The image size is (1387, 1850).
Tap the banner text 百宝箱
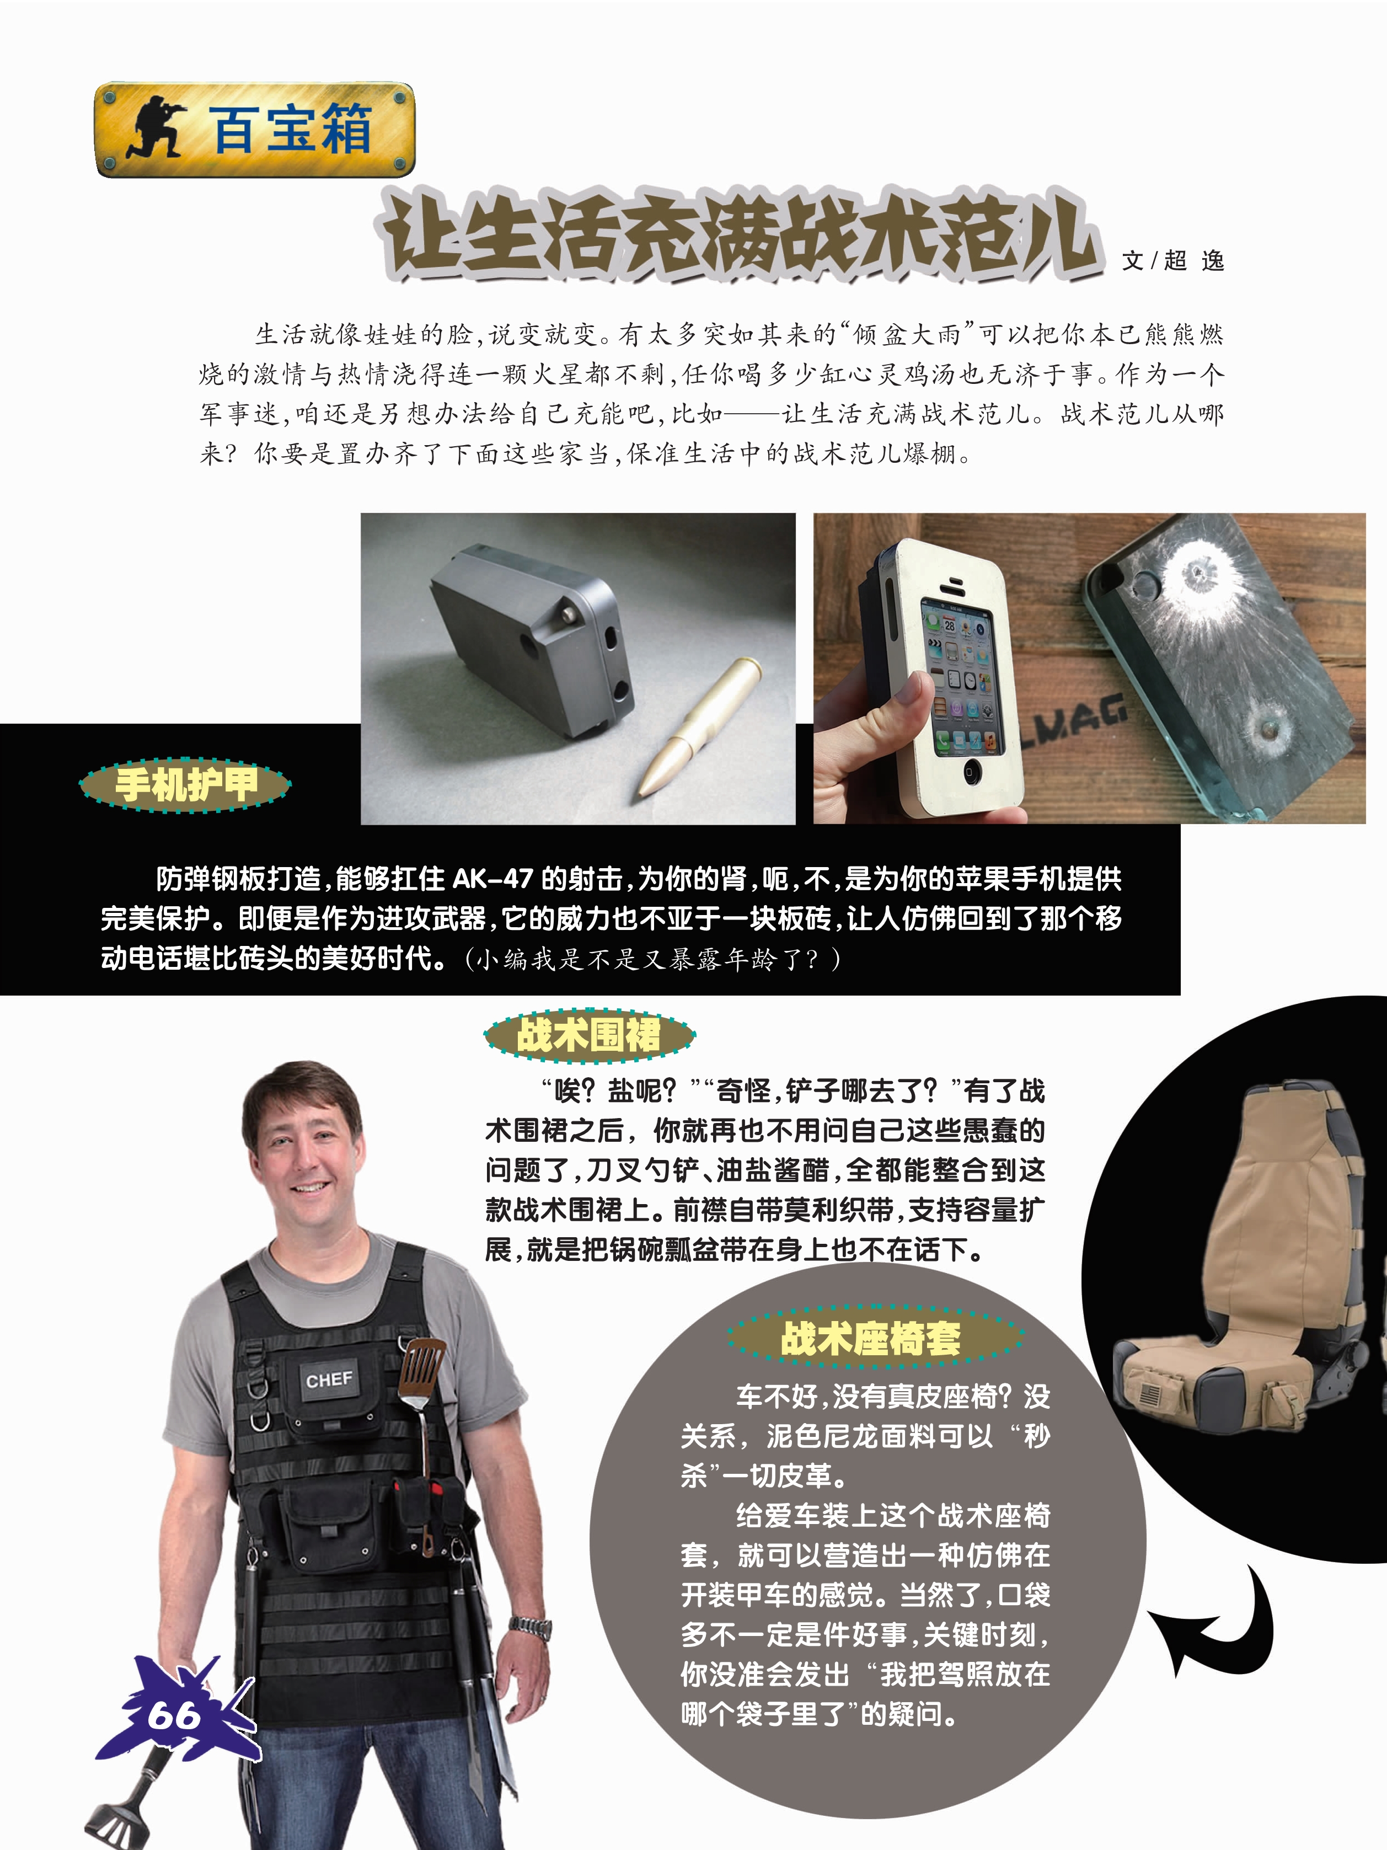[x=290, y=129]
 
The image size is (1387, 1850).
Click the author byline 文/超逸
[x=1173, y=261]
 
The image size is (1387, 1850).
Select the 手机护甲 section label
[x=186, y=784]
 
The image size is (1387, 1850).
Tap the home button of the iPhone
[x=970, y=771]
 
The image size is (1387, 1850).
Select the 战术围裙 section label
[x=590, y=1035]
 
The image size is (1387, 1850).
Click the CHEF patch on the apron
[x=329, y=1379]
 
